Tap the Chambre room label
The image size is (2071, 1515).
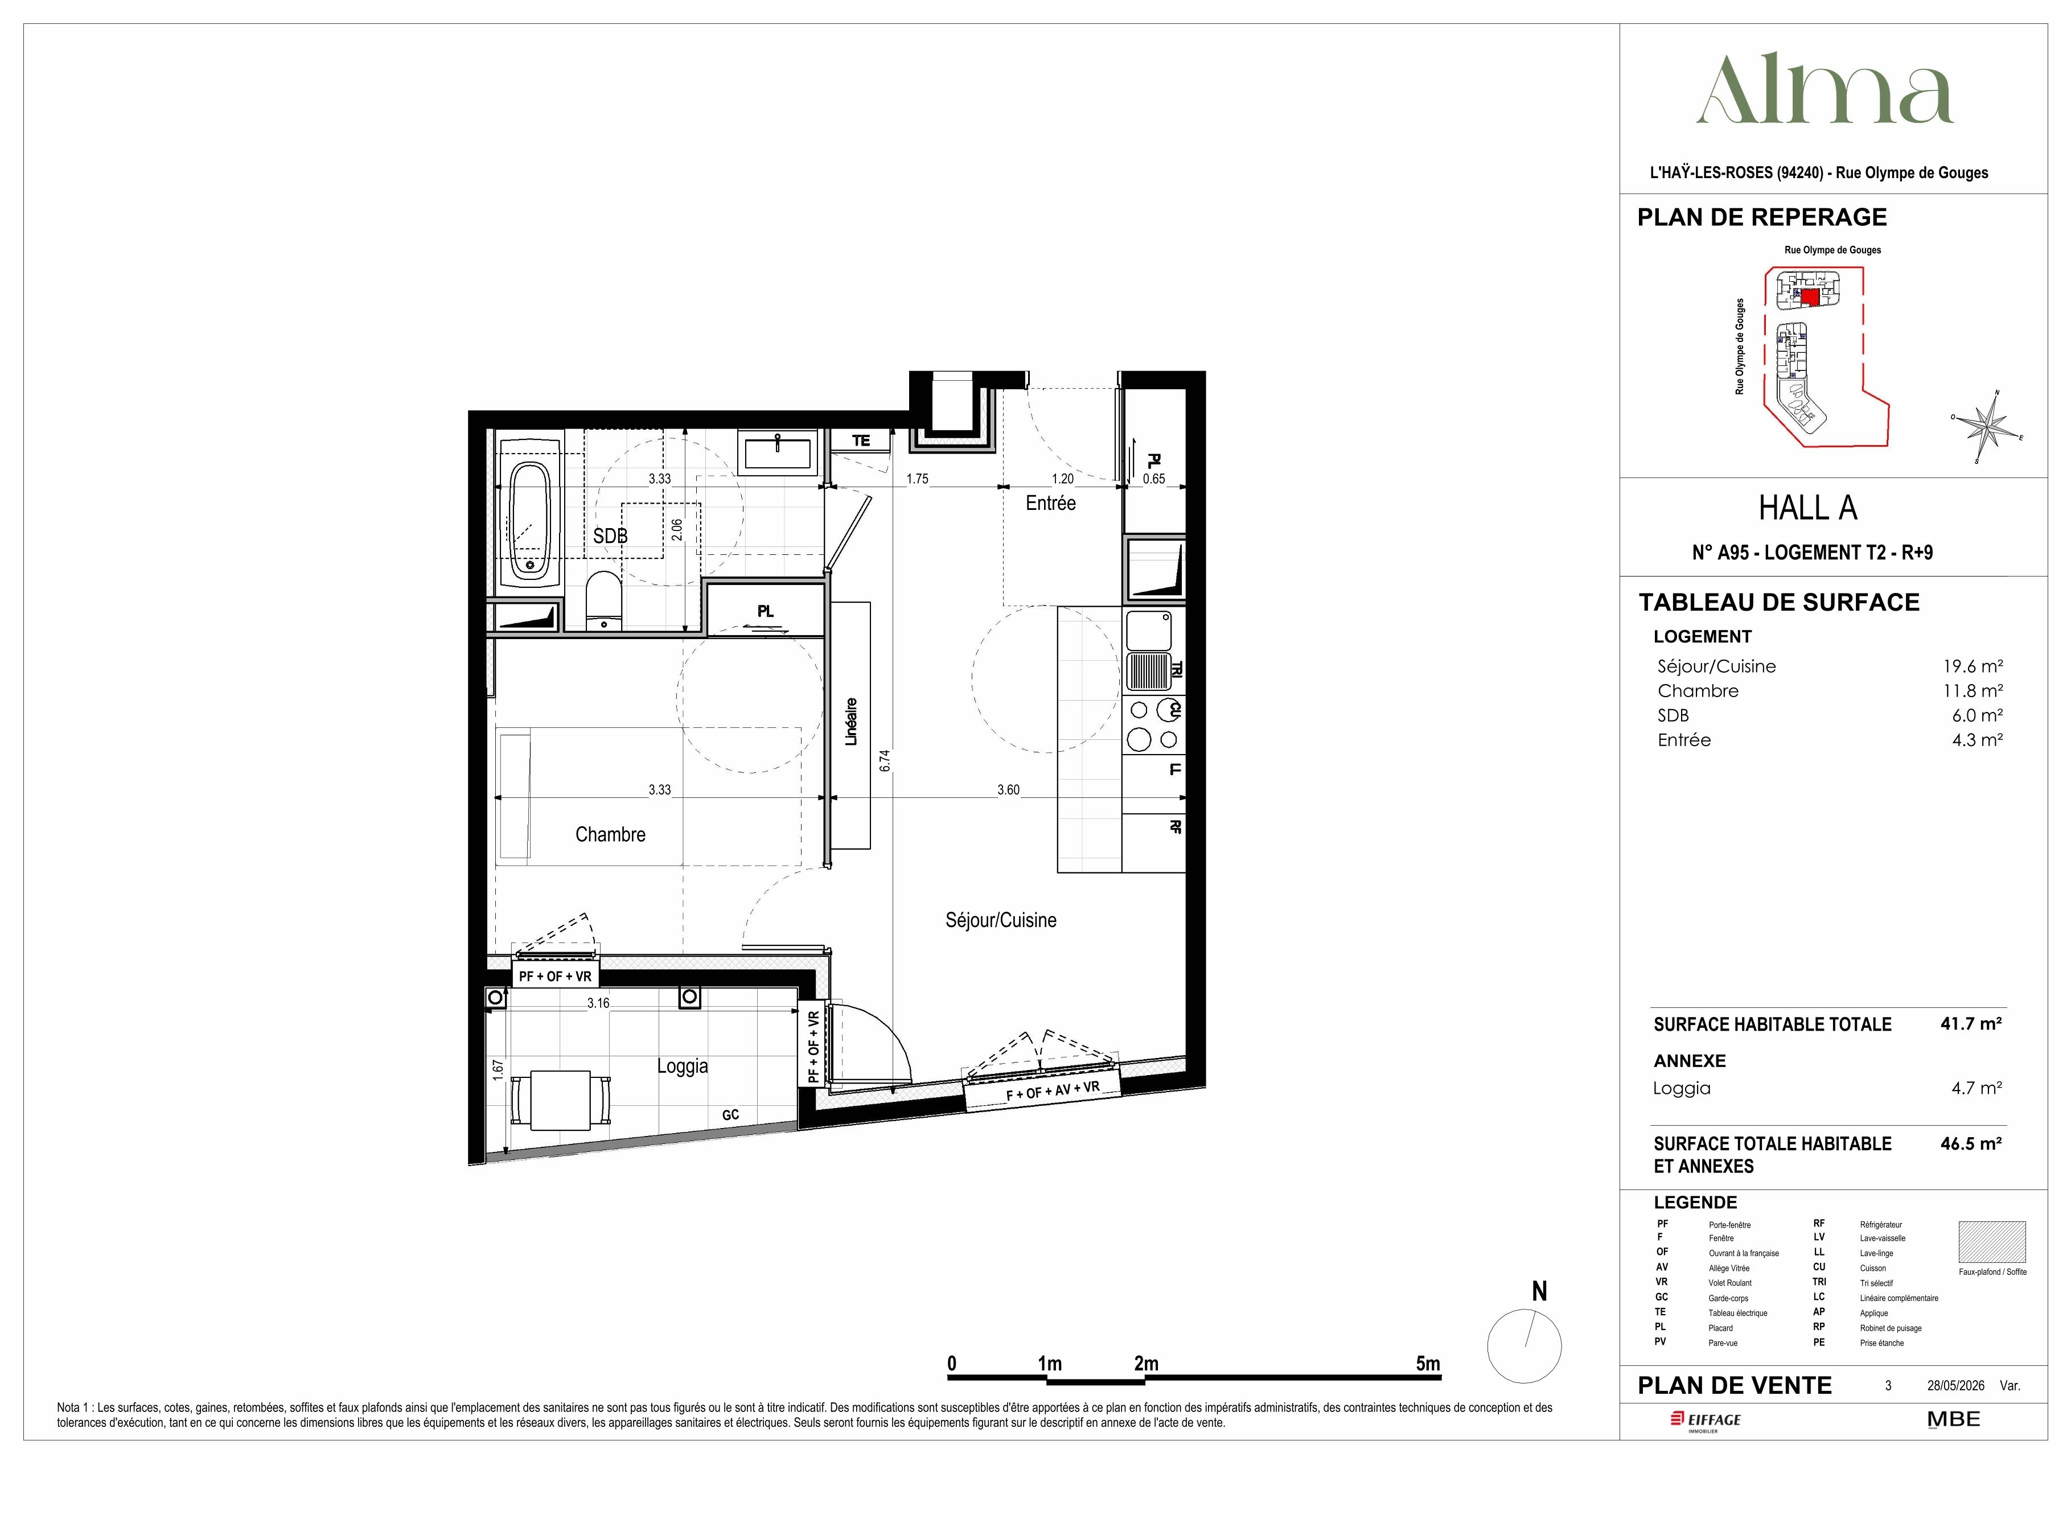point(610,834)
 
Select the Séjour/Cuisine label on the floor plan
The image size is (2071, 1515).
point(1001,920)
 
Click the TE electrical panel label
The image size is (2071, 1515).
point(860,441)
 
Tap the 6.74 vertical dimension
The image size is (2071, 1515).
point(884,761)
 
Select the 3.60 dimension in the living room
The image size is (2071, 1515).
point(1008,789)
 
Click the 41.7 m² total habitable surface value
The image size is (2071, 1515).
point(1970,1023)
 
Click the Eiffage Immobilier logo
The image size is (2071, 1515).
point(1705,1421)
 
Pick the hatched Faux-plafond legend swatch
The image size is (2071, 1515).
point(1992,1242)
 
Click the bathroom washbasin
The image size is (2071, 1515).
point(778,453)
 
